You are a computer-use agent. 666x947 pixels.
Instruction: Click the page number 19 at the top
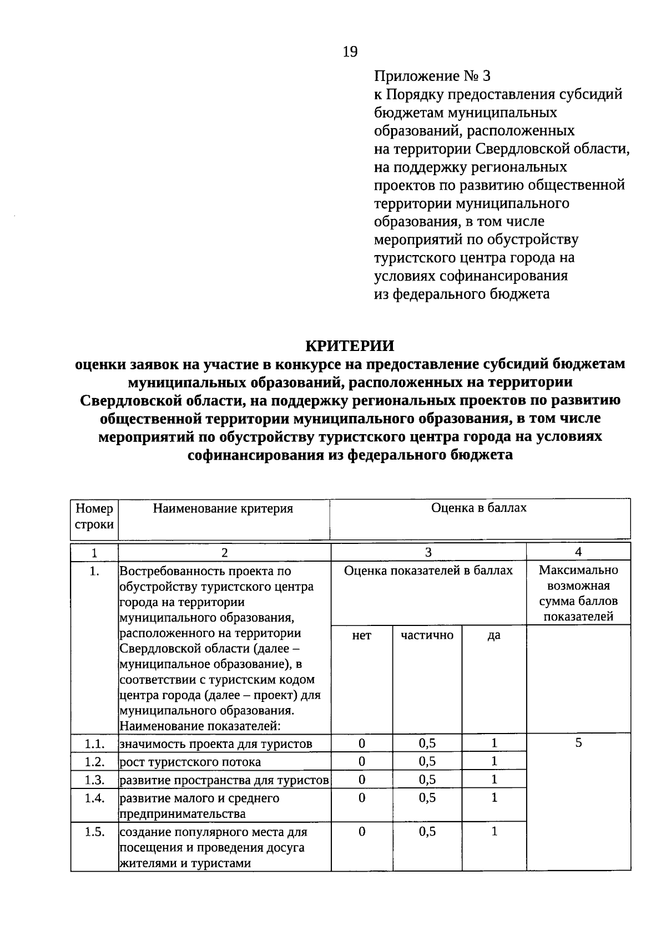pyautogui.click(x=350, y=52)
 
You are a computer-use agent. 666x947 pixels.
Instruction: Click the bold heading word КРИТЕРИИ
pyautogui.click(x=350, y=346)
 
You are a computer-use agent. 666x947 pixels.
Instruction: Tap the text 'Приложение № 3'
pyautogui.click(x=432, y=76)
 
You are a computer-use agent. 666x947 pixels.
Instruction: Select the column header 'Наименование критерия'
pyautogui.click(x=223, y=508)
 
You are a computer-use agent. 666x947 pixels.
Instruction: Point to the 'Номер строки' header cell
pyautogui.click(x=94, y=516)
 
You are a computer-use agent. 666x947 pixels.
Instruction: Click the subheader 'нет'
pyautogui.click(x=361, y=635)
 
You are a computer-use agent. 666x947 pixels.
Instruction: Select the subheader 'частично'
pyautogui.click(x=427, y=635)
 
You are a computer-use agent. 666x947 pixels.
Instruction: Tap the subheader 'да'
pyautogui.click(x=494, y=635)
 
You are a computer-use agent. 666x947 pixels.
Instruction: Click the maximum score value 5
pyautogui.click(x=578, y=743)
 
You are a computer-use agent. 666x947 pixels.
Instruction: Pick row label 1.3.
pyautogui.click(x=95, y=780)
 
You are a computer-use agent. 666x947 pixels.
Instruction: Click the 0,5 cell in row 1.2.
pyautogui.click(x=427, y=762)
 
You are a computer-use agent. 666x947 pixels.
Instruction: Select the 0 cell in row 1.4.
pyautogui.click(x=362, y=798)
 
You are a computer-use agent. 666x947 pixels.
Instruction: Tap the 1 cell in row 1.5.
pyautogui.click(x=494, y=832)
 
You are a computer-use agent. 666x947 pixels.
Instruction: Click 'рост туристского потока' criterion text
pyautogui.click(x=190, y=762)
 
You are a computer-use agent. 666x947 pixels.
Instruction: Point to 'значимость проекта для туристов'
pyautogui.click(x=216, y=744)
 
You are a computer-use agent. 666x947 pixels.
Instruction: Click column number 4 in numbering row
pyautogui.click(x=578, y=552)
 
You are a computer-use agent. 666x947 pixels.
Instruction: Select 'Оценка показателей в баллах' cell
pyautogui.click(x=428, y=571)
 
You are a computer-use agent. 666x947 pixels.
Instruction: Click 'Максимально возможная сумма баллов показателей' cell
pyautogui.click(x=578, y=593)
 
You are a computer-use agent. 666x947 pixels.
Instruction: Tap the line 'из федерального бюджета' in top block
pyautogui.click(x=462, y=294)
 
